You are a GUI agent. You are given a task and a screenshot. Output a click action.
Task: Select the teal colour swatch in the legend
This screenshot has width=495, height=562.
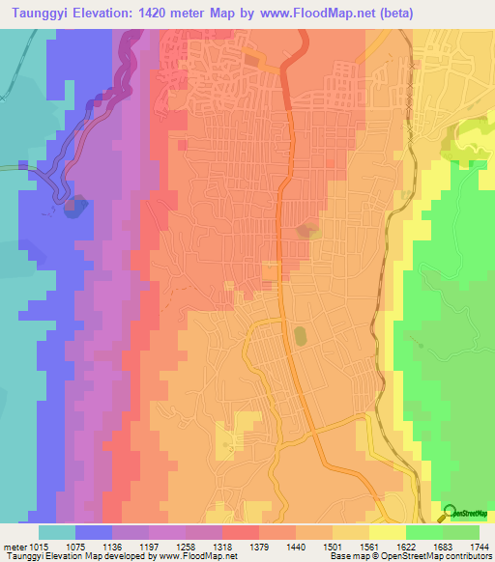click(57, 532)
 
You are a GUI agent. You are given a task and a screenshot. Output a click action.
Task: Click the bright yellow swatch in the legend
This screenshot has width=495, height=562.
click(387, 532)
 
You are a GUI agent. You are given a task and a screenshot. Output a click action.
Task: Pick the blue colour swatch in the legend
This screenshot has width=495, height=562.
click(94, 532)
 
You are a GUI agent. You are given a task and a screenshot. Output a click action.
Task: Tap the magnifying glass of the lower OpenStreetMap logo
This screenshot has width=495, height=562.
click(448, 512)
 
